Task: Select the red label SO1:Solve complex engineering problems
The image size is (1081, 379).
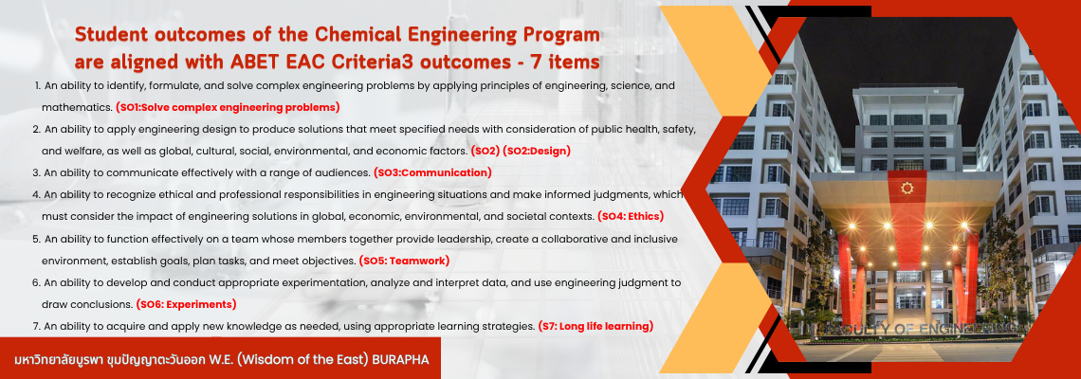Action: pyautogui.click(x=228, y=107)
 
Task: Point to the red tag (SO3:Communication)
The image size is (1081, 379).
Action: pyautogui.click(x=432, y=172)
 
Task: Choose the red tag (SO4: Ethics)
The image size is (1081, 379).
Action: pyautogui.click(x=631, y=216)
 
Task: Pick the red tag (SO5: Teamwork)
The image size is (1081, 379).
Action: pyautogui.click(x=404, y=261)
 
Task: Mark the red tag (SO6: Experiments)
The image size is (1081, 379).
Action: pyautogui.click(x=186, y=304)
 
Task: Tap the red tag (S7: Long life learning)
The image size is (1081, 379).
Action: pyautogui.click(x=595, y=326)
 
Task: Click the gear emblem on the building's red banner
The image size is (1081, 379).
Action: pyautogui.click(x=906, y=188)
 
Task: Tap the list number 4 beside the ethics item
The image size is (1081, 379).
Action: pyautogui.click(x=36, y=195)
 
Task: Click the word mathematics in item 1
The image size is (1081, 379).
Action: pyautogui.click(x=77, y=107)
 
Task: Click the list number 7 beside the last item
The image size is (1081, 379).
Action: pyautogui.click(x=36, y=326)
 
